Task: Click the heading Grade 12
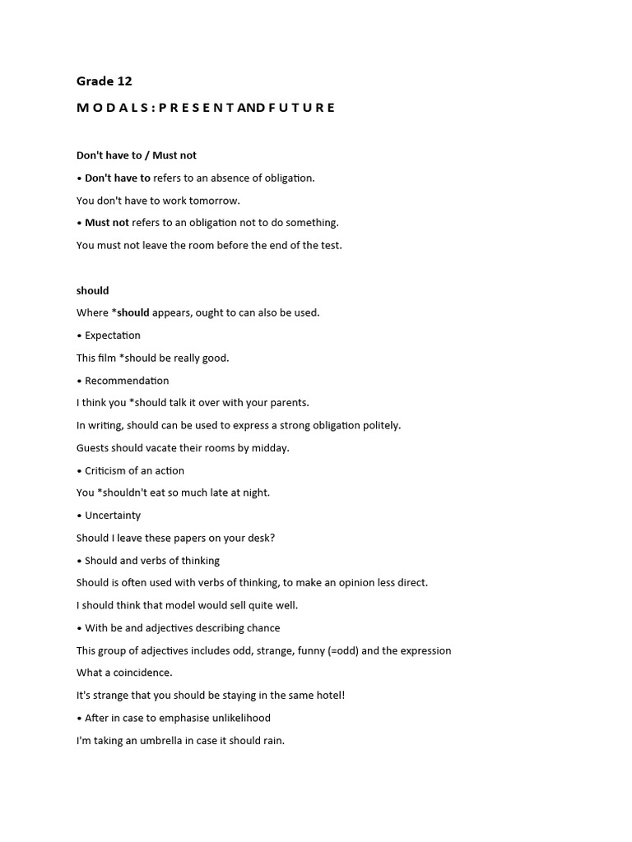click(x=104, y=81)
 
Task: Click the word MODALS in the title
click(x=112, y=108)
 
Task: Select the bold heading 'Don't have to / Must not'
click(x=137, y=155)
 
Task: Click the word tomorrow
click(x=213, y=201)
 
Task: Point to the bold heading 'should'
click(x=92, y=290)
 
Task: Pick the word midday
click(x=270, y=448)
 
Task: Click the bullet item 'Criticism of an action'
click(x=134, y=470)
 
